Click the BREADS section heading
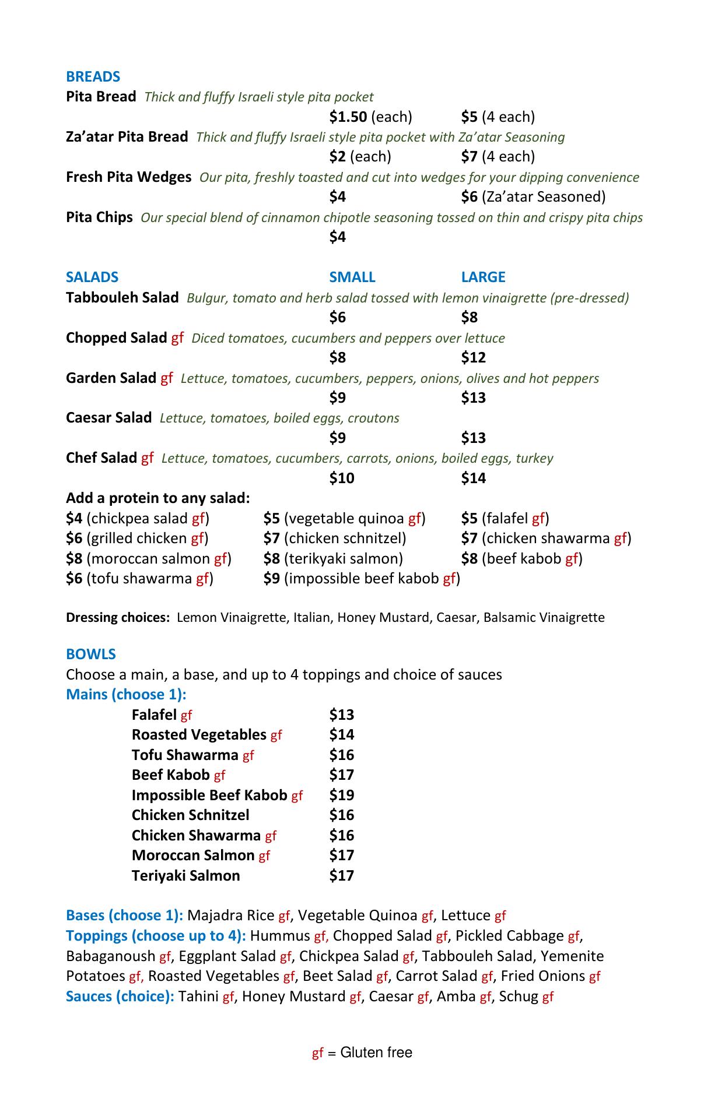[93, 77]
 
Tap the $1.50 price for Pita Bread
[348, 117]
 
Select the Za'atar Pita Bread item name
[127, 137]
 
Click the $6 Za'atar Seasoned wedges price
[469, 197]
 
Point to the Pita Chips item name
[99, 217]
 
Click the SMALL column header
[352, 277]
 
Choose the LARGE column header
[483, 277]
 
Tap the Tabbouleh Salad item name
[122, 298]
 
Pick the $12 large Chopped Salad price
[473, 357]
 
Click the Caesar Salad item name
[108, 418]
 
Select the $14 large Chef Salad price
[473, 478]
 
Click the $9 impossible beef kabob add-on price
[271, 579]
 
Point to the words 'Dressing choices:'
[117, 618]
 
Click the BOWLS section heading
[91, 654]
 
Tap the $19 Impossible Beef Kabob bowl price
[341, 796]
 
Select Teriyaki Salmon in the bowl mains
[185, 876]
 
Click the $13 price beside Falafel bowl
[341, 715]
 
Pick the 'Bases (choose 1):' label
[124, 916]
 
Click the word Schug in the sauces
[518, 997]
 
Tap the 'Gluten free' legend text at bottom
[376, 1053]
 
